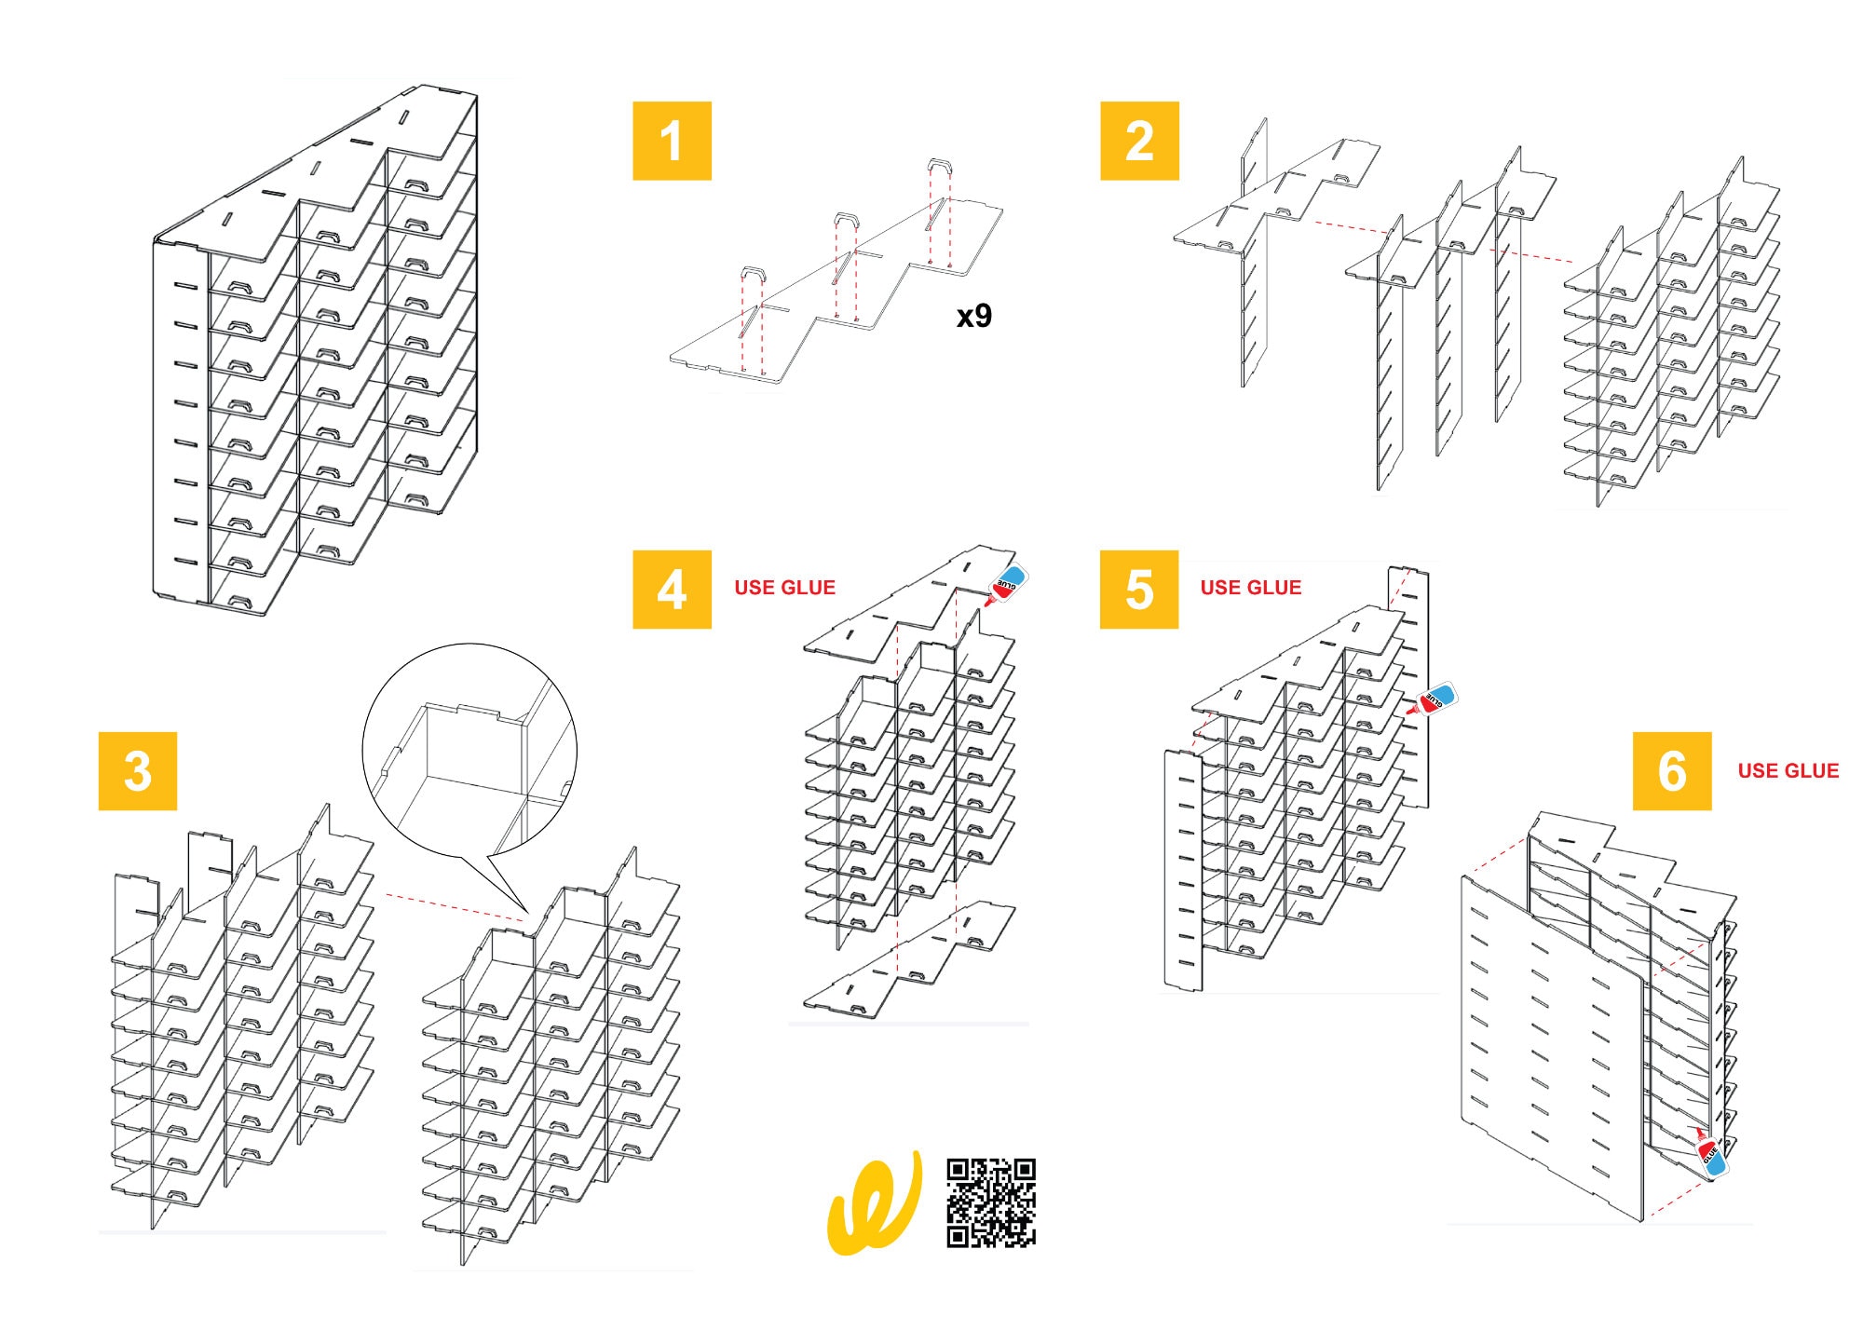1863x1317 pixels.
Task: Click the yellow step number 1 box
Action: (672, 141)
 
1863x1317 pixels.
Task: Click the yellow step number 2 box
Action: (1139, 141)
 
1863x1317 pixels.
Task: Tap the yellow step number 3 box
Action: (138, 770)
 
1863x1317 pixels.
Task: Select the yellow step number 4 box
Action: (672, 589)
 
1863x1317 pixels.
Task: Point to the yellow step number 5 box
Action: (1139, 589)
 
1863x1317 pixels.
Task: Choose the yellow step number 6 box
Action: (1672, 770)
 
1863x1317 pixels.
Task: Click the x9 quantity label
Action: (974, 317)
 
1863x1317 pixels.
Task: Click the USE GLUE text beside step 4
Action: (784, 588)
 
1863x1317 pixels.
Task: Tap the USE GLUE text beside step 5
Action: (1251, 588)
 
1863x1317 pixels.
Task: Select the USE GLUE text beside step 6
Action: (1788, 770)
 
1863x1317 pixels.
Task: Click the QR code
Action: (991, 1202)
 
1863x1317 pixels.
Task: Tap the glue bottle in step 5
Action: (1432, 699)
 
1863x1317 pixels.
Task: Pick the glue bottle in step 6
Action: (1710, 1154)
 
